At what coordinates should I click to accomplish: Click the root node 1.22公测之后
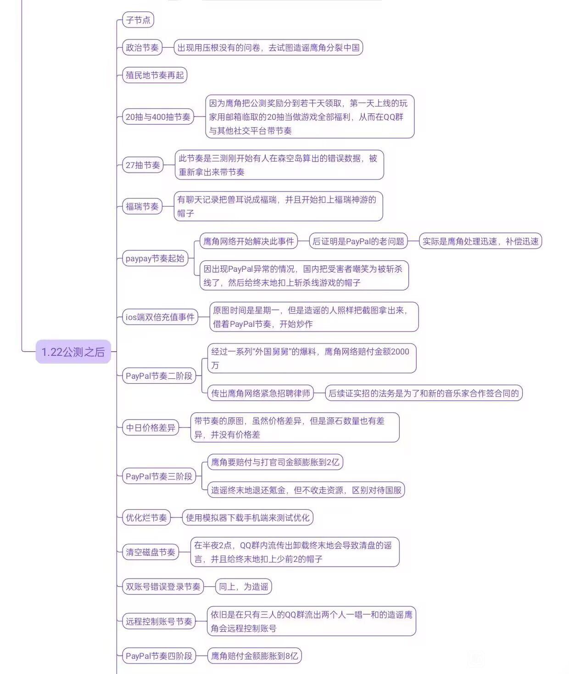(73, 352)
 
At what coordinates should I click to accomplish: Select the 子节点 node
(138, 20)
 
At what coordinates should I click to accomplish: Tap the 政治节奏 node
(142, 48)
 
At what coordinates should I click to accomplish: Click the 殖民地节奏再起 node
(155, 75)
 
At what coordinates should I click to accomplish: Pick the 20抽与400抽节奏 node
(158, 117)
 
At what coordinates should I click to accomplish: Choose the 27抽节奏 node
(143, 165)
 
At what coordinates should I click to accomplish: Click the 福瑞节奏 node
(142, 207)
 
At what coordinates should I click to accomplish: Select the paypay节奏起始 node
(155, 258)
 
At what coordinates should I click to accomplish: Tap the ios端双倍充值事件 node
(160, 317)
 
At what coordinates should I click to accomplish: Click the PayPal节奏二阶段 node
(159, 376)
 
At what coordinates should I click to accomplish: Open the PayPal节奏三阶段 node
(159, 477)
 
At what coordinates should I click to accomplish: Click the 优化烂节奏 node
(146, 518)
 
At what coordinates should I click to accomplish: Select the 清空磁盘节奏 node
(151, 552)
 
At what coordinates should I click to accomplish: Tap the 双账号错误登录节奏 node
(163, 587)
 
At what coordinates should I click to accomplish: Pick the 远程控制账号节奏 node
(159, 622)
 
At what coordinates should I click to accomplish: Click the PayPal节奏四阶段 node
(159, 656)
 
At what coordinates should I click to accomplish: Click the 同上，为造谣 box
(244, 587)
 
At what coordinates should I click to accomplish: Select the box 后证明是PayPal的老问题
(358, 242)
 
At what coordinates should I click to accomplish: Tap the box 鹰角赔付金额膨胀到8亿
(254, 656)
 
